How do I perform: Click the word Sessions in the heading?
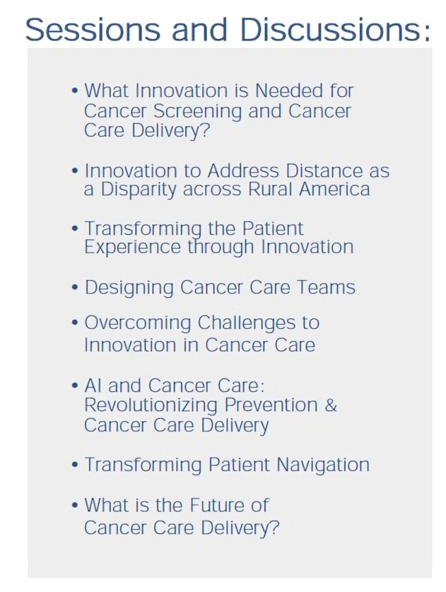[92, 29]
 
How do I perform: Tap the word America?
[334, 189]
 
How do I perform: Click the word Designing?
[129, 288]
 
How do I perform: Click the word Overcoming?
[138, 324]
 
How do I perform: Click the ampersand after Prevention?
[331, 405]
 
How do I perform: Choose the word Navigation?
[323, 465]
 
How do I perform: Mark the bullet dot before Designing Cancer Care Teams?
[75, 288]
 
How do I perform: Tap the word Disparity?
[138, 189]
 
